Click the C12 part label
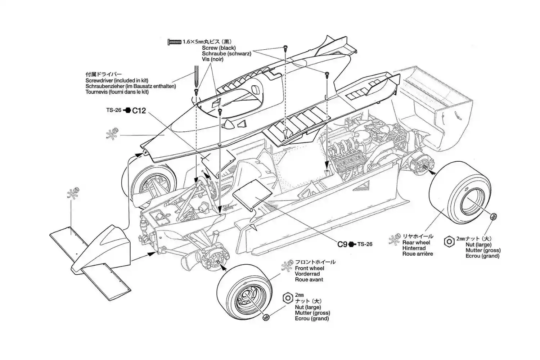click(139, 111)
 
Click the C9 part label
click(342, 244)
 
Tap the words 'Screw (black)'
click(219, 48)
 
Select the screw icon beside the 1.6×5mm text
click(174, 42)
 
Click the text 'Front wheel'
click(309, 268)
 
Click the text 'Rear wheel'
click(416, 243)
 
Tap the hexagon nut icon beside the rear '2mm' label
click(449, 242)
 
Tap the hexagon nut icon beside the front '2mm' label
click(287, 298)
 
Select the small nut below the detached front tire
click(266, 317)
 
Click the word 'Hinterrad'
click(414, 248)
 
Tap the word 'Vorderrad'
click(307, 274)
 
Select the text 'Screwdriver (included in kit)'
click(117, 81)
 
